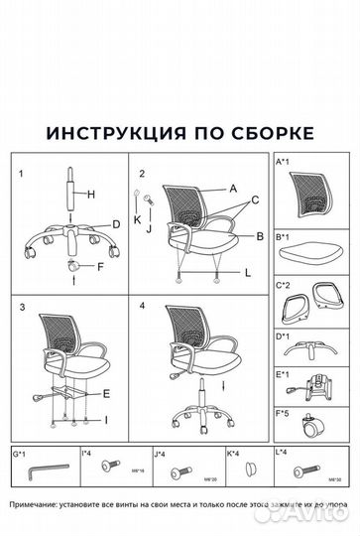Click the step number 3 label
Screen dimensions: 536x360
click(x=20, y=306)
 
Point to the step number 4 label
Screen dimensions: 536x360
click(x=143, y=306)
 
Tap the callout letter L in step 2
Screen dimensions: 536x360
click(x=247, y=272)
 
